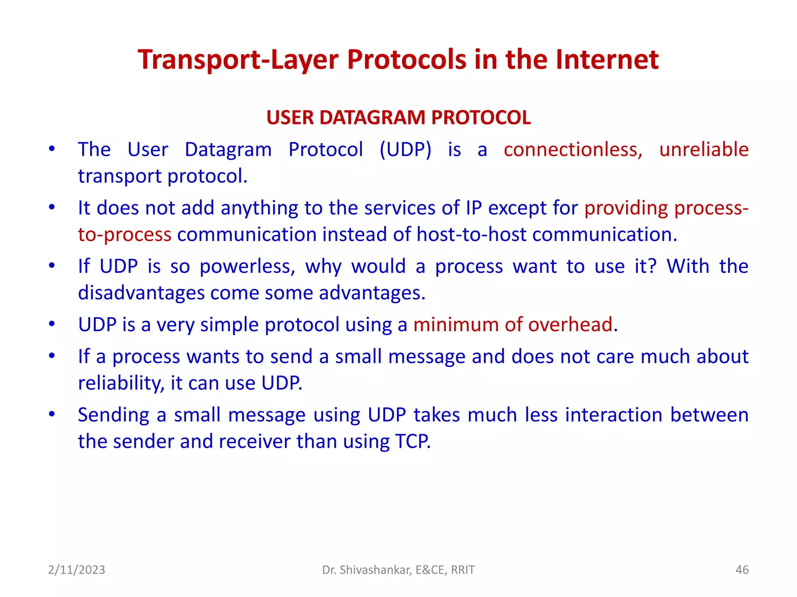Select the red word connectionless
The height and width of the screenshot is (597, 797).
pyautogui.click(x=573, y=150)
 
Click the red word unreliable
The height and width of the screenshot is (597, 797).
pyautogui.click(x=704, y=150)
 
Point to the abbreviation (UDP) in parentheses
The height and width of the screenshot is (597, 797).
pyautogui.click(x=406, y=150)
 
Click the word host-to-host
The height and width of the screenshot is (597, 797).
pyautogui.click(x=471, y=235)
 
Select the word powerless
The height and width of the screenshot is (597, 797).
pyautogui.click(x=248, y=267)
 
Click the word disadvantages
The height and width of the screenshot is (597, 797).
pyautogui.click(x=141, y=293)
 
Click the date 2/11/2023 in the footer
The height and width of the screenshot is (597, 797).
pyautogui.click(x=76, y=570)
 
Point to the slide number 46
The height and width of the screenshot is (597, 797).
pyautogui.click(x=742, y=570)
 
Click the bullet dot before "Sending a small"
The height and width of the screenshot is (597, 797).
pyautogui.click(x=52, y=414)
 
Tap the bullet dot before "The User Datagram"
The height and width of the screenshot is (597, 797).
pyautogui.click(x=52, y=149)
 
